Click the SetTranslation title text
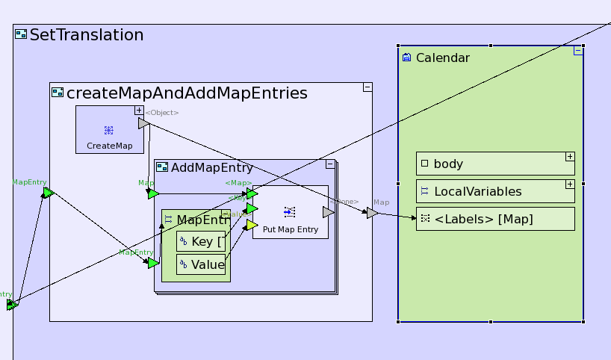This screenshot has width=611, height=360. pyautogui.click(x=86, y=34)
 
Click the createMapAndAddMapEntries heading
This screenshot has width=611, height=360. pyautogui.click(x=187, y=93)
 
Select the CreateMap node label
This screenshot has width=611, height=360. pyautogui.click(x=109, y=146)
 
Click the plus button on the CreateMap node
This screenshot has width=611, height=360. pyautogui.click(x=139, y=110)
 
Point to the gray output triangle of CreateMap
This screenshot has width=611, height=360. pyautogui.click(x=143, y=123)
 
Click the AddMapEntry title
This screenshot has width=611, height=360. pyautogui.click(x=212, y=167)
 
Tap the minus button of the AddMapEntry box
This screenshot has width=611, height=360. pyautogui.click(x=330, y=164)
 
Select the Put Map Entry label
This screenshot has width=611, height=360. pyautogui.click(x=291, y=230)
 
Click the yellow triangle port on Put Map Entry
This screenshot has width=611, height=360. pyautogui.click(x=252, y=225)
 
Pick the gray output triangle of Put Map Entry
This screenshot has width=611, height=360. pyautogui.click(x=328, y=212)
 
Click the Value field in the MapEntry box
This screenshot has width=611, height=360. pyautogui.click(x=207, y=264)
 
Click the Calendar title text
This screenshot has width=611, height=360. pyautogui.click(x=442, y=58)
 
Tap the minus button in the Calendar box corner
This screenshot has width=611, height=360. pyautogui.click(x=578, y=51)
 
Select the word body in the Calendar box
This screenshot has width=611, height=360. pyautogui.click(x=448, y=164)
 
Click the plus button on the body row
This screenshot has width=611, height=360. pyautogui.click(x=570, y=157)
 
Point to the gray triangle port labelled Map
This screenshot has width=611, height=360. pyautogui.click(x=372, y=214)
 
